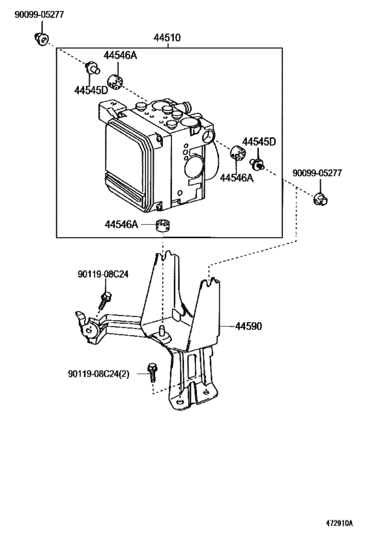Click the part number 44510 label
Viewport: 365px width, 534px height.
point(167,37)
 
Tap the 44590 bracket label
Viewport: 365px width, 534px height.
point(248,326)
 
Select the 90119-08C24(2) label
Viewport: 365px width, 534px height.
point(98,374)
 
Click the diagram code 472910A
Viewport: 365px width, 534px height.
point(339,523)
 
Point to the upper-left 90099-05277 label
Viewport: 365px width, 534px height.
point(39,14)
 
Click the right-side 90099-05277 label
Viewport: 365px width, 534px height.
point(317,173)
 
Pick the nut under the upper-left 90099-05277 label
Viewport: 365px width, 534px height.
point(42,38)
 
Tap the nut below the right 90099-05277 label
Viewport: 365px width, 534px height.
point(320,199)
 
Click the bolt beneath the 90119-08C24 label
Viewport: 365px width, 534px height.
point(105,300)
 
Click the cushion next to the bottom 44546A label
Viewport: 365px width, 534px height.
point(163,226)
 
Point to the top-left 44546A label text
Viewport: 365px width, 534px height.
point(120,55)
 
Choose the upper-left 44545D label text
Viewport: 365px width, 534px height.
point(91,90)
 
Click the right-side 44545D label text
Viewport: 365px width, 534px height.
point(259,141)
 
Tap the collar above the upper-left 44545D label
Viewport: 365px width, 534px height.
point(93,67)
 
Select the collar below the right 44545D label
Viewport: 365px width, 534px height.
point(257,164)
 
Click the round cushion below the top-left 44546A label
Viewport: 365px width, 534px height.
point(115,82)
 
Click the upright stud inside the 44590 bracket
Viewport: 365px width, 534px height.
point(162,330)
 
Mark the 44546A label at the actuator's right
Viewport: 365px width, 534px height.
point(237,177)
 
